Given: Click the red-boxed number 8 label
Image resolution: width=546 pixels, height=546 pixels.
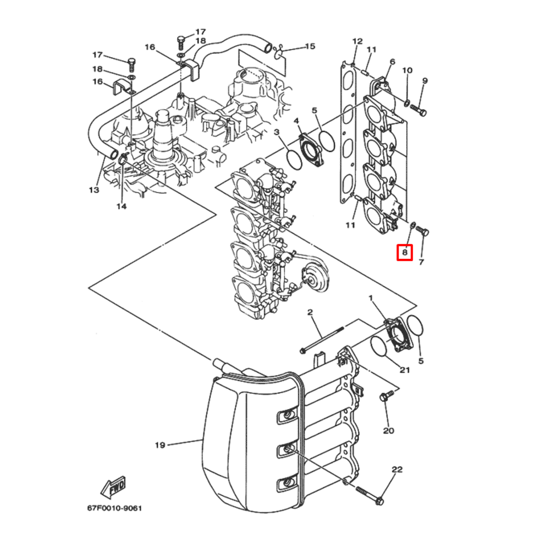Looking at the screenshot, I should pos(405,252).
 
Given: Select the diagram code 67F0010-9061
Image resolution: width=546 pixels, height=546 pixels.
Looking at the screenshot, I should pos(114,509).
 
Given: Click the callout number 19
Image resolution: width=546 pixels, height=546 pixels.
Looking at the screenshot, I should pos(159,445).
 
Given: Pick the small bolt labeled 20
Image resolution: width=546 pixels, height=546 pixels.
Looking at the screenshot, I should pos(387,397).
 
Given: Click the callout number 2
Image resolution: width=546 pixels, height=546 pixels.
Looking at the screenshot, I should pos(310,312).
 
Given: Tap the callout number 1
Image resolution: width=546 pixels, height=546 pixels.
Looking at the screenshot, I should pos(371,299).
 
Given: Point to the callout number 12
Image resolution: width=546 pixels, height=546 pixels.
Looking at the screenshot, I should pos(358,41).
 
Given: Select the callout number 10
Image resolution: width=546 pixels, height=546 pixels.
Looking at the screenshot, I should pos(407,70).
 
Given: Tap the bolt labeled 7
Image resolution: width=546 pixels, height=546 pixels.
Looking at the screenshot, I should pos(423,232).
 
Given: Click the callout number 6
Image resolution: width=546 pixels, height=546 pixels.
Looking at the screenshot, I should pos(391,62).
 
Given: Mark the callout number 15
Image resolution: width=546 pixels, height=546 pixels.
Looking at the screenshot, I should pos(310,46).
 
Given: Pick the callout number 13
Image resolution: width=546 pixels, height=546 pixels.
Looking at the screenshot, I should pos(94,190).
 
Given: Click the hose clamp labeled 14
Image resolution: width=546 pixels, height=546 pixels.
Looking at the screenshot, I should pos(122,159).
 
